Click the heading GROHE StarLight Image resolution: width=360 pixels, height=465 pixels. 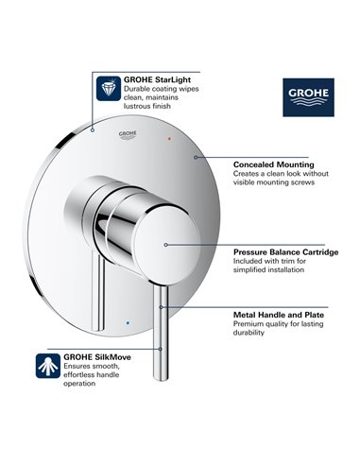click(x=153, y=80)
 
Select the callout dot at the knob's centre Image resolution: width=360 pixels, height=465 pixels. click(x=165, y=245)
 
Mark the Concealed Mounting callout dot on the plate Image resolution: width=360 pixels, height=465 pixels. click(x=194, y=156)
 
